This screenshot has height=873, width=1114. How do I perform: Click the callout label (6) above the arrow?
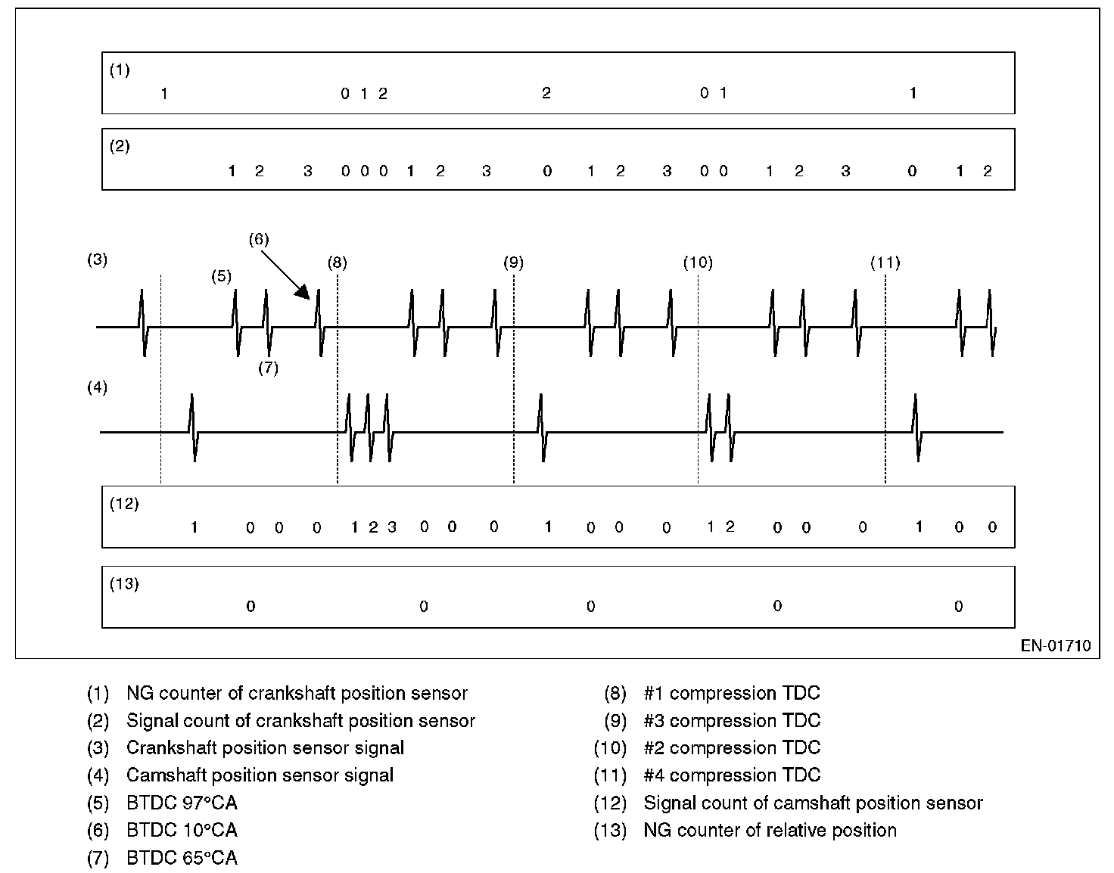point(259,239)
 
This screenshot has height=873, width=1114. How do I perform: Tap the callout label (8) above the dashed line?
point(338,263)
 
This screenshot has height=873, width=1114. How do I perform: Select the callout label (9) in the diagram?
point(514,263)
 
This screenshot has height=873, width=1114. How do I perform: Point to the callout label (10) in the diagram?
point(698,263)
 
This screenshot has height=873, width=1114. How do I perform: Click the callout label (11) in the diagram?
point(885,263)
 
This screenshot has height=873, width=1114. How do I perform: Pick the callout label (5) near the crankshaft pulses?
point(221,276)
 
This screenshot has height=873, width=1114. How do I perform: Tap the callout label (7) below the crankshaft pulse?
point(268,368)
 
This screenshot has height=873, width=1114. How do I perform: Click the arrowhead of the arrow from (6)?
point(304,292)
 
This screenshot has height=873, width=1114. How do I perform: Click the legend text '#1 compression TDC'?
point(732,693)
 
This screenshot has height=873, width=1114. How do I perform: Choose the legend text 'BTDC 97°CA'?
point(182,803)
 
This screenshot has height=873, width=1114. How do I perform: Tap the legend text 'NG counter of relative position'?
point(770,830)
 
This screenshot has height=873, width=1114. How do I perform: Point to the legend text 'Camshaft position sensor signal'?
point(260,775)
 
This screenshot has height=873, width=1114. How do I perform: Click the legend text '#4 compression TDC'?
point(732,775)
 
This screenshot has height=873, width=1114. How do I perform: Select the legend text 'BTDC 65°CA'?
point(182,858)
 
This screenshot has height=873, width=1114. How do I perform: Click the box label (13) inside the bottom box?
point(124,584)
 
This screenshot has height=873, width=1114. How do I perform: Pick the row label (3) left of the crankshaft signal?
point(98,259)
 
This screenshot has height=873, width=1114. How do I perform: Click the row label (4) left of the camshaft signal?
point(98,387)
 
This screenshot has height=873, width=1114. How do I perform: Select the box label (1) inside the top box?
point(120,70)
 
